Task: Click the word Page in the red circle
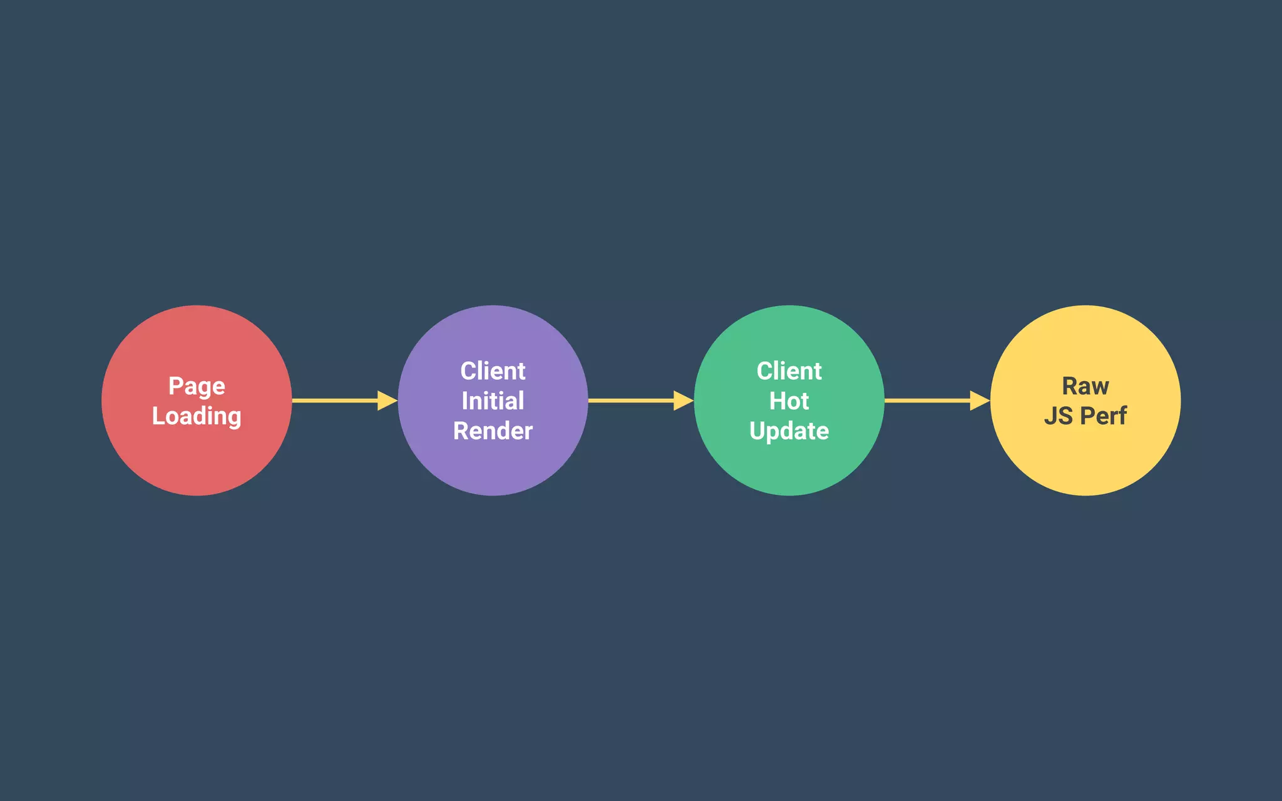click(x=197, y=387)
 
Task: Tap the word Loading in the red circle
click(x=197, y=416)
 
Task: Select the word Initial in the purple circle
click(x=493, y=401)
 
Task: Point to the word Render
click(x=493, y=431)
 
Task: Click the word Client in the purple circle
click(x=493, y=371)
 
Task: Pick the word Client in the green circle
click(x=789, y=371)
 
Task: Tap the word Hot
click(x=789, y=401)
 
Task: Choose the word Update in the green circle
click(x=789, y=431)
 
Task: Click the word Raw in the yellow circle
click(x=1085, y=386)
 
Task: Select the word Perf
click(x=1104, y=416)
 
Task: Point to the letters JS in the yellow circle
click(x=1058, y=416)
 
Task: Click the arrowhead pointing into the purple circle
click(x=387, y=400)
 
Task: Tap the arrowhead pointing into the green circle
click(x=683, y=400)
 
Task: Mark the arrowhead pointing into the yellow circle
click(x=979, y=400)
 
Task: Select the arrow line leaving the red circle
click(x=335, y=400)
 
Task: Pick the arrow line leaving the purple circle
click(x=631, y=400)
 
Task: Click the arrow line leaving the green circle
click(x=927, y=400)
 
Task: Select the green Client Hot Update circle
click(x=789, y=466)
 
